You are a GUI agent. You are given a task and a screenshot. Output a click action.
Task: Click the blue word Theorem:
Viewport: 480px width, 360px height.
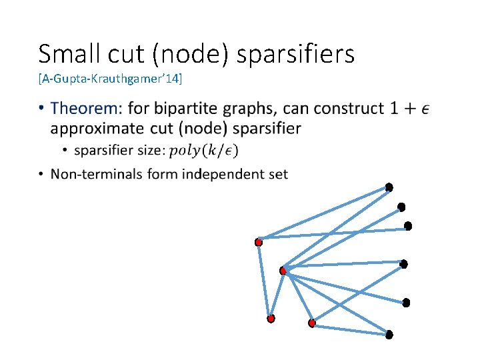click(86, 108)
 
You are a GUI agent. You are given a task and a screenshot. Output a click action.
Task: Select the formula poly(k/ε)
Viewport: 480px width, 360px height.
click(204, 151)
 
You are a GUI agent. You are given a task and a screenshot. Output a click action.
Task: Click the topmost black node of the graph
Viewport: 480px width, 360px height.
click(389, 187)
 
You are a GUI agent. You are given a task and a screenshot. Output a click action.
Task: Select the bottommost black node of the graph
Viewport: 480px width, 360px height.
click(389, 333)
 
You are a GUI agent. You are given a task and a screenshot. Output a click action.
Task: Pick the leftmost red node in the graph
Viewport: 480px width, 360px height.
click(259, 243)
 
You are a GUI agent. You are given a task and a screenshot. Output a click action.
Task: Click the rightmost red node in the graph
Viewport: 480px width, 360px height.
click(311, 323)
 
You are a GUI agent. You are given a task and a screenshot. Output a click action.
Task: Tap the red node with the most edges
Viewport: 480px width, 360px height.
click(283, 271)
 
